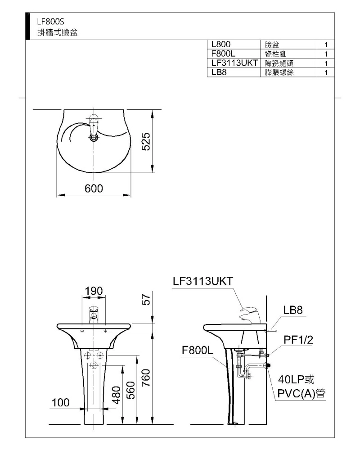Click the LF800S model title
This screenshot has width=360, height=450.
click(50, 22)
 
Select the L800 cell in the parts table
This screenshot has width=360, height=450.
click(221, 44)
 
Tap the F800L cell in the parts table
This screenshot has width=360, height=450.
click(223, 54)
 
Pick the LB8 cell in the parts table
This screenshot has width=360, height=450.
click(219, 72)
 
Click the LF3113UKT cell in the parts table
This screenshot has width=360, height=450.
click(234, 63)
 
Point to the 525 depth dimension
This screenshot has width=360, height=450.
click(146, 141)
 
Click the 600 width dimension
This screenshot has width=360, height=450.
click(94, 188)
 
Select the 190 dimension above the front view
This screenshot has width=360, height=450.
click(94, 291)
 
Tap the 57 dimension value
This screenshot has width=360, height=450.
click(146, 300)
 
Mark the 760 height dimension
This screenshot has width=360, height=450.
click(146, 378)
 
